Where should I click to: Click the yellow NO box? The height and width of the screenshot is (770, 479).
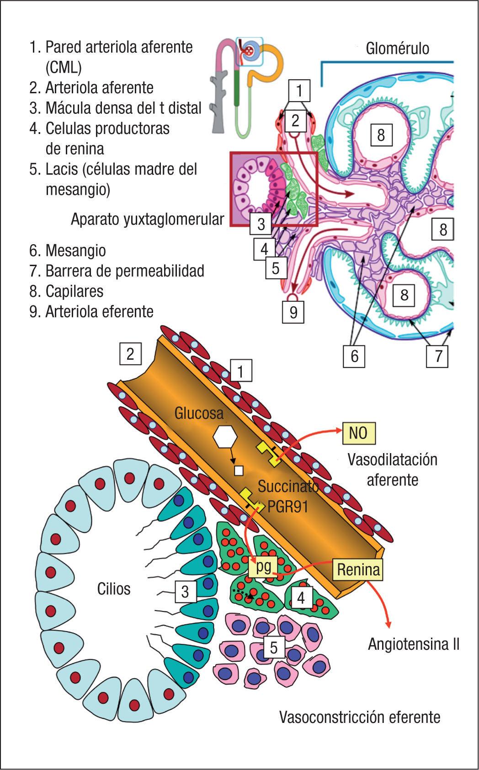(x=359, y=433)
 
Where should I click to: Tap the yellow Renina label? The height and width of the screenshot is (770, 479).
(x=358, y=570)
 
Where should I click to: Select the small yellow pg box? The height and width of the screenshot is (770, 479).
(x=263, y=567)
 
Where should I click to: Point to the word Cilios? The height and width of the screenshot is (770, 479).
(x=114, y=588)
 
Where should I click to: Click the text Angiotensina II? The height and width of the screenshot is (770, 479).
(x=413, y=644)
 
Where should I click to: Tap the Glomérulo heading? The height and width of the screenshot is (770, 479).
(x=397, y=48)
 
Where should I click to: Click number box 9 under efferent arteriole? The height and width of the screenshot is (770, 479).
(x=293, y=312)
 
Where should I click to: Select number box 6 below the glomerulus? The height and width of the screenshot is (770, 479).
(x=355, y=356)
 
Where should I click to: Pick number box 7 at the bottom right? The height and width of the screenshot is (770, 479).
(x=438, y=356)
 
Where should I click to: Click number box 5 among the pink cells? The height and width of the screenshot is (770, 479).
(x=273, y=647)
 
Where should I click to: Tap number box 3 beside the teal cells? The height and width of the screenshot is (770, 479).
(x=185, y=592)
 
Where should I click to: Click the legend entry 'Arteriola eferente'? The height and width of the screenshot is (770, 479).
(x=91, y=311)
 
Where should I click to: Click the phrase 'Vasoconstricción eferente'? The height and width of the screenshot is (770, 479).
(x=360, y=717)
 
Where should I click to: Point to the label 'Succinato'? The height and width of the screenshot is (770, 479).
(x=288, y=486)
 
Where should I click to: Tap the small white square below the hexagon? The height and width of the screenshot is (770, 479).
(x=238, y=470)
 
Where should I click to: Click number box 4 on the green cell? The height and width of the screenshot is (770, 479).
(x=301, y=597)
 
